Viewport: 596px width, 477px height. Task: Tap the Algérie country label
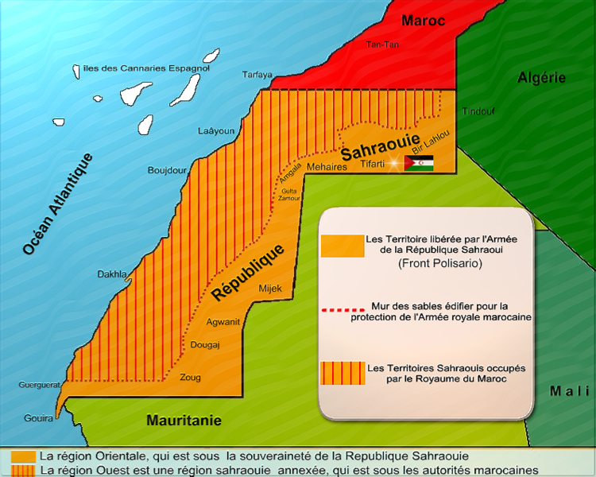(541, 78)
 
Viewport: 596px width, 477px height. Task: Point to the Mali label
(569, 390)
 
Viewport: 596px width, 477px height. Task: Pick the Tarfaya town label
(257, 75)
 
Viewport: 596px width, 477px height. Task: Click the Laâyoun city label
(215, 131)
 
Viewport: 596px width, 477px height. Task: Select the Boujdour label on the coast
(167, 170)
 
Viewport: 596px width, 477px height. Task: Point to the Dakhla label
(112, 274)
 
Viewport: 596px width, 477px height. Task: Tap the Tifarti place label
(372, 164)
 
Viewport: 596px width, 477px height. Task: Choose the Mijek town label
(270, 292)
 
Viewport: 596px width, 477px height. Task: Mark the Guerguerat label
(40, 385)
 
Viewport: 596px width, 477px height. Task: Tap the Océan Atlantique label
(58, 204)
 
